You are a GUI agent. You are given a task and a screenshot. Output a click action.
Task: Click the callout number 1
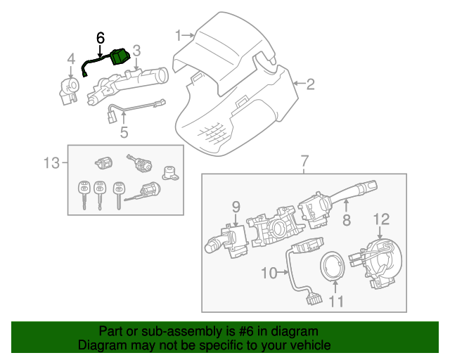pyautogui.click(x=179, y=34)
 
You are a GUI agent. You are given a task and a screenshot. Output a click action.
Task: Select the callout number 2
pyautogui.click(x=310, y=85)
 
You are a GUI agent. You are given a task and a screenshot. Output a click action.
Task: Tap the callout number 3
pyautogui.click(x=136, y=51)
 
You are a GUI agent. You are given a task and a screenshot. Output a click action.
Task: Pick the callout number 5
pyautogui.click(x=124, y=131)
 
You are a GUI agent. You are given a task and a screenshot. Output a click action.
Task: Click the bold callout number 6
pyautogui.click(x=101, y=36)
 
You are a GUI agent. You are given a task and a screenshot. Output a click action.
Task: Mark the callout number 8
pyautogui.click(x=346, y=221)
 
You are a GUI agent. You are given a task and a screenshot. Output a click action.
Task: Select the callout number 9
pyautogui.click(x=236, y=206)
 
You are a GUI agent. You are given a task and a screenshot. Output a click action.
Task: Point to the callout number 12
pyautogui.click(x=380, y=219)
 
